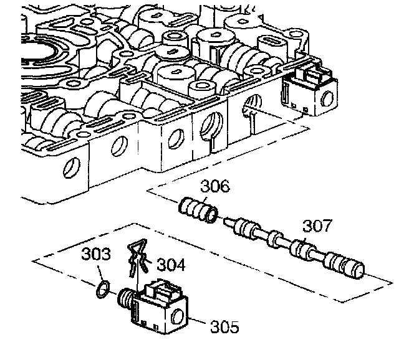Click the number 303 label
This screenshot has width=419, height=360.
tap(97, 255)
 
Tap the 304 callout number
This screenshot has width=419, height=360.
tap(171, 265)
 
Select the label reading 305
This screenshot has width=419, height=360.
tap(222, 326)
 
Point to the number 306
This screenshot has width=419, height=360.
tap(214, 186)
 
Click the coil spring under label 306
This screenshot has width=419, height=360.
tap(200, 209)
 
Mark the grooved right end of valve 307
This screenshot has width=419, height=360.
tap(349, 266)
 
